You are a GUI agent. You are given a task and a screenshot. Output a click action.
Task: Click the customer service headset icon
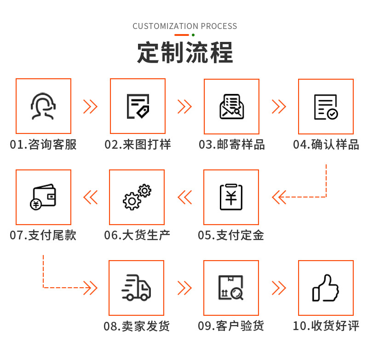(44, 106)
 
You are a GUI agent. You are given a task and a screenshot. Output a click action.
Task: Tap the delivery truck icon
(137, 288)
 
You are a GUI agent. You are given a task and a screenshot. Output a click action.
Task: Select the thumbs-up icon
(326, 288)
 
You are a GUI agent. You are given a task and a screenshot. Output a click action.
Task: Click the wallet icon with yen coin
(44, 197)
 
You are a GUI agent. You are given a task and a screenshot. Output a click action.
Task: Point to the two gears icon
(137, 197)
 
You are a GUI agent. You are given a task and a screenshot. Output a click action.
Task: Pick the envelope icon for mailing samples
(231, 106)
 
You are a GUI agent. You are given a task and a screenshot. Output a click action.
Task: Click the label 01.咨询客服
(44, 145)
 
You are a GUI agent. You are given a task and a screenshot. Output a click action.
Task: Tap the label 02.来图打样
(138, 145)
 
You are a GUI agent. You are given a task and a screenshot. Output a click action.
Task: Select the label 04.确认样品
(326, 145)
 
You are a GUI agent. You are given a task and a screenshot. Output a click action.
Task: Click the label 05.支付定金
(231, 235)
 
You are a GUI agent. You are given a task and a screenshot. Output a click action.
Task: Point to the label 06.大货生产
(137, 235)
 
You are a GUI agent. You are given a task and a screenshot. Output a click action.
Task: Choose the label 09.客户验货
(231, 326)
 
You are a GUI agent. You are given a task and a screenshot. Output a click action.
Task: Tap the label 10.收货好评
(326, 326)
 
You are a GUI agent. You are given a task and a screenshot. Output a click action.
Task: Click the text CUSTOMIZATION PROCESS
(185, 26)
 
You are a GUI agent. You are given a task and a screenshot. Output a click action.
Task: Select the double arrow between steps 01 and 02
(90, 106)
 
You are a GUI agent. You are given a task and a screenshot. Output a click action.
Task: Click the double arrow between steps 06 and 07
(90, 197)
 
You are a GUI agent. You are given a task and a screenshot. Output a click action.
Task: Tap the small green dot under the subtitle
(193, 35)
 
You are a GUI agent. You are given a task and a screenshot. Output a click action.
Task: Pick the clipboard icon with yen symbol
(231, 197)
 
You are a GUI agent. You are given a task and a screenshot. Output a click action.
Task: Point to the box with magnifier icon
(231, 288)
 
